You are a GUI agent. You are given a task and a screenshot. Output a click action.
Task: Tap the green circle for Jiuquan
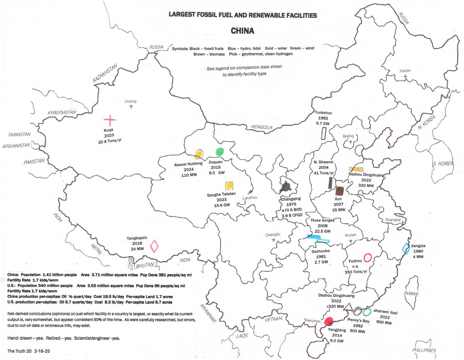click(x=220, y=152)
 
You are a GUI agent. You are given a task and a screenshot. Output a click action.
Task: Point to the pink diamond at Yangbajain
click(x=154, y=246)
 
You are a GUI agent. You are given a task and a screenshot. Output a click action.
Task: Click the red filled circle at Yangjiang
click(x=329, y=321)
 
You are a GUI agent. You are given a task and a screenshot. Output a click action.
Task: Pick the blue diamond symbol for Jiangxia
click(x=406, y=249)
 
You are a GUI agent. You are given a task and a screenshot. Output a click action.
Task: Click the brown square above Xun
click(x=340, y=191)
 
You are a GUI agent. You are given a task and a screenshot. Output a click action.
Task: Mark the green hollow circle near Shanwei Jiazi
click(x=367, y=311)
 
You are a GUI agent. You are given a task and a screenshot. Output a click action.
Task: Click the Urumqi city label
click(x=131, y=101)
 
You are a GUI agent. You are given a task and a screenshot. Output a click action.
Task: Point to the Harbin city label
click(x=405, y=71)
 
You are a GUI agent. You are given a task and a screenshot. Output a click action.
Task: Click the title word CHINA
click(x=242, y=30)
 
